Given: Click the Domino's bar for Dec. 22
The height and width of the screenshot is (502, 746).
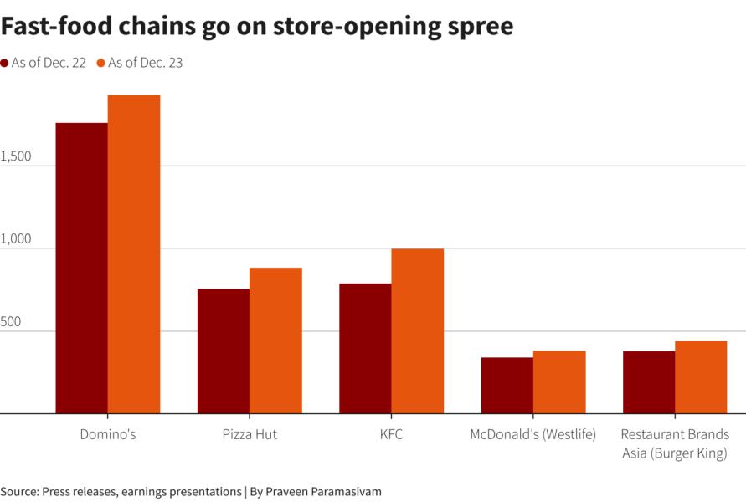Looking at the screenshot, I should coord(81,268).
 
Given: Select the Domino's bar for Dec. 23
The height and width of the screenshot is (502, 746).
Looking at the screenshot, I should coord(134,254).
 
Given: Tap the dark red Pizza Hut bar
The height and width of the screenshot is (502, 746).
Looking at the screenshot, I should coord(224,351).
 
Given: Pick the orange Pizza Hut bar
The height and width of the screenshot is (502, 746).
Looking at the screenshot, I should coord(275,341).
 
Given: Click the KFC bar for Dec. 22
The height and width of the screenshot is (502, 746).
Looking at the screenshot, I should coord(365,348).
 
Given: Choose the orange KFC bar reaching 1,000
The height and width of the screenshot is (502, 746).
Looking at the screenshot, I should coord(417,330).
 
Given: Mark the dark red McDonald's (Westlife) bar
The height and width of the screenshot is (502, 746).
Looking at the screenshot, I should coord(507,386).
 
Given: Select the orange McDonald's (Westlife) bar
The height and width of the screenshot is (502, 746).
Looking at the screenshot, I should coord(559,382).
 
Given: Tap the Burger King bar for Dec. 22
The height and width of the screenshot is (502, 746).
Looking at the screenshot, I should coord(649,382).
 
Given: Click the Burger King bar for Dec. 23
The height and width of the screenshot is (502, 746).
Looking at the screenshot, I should coord(701,377).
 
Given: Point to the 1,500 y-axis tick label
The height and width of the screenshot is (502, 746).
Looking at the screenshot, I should coord(16,156).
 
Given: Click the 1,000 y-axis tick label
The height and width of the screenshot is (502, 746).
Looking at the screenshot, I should coord(16,239).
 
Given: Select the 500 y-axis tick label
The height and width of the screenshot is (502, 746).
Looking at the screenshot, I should coord(11,322).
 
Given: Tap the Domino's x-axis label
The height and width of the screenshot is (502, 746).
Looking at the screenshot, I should coord(108,435).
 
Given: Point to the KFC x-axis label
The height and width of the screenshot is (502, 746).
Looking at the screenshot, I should coord(391,435).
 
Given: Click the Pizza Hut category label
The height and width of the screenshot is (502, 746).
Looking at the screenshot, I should coord(250,435).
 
